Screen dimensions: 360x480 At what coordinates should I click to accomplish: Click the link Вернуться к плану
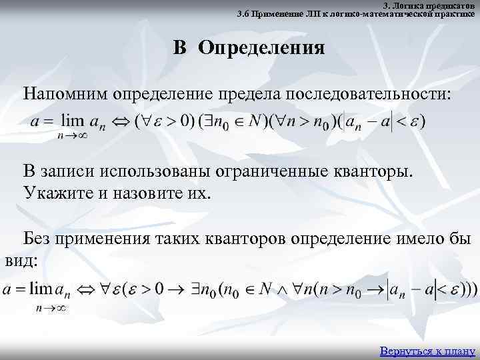click(427, 351)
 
